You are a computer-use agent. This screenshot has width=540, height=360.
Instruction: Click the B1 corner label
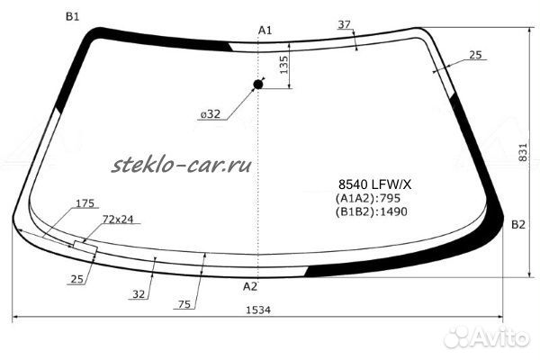point(72,16)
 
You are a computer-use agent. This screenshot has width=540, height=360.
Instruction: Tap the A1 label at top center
point(265,31)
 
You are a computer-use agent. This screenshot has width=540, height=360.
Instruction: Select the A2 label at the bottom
point(250,286)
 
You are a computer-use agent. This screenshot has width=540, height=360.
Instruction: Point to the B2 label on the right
point(518,225)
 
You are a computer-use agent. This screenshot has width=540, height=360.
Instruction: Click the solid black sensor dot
point(258,84)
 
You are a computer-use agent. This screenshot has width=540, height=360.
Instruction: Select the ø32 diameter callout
point(210,114)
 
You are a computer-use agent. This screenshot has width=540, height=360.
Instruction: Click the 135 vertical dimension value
point(283,65)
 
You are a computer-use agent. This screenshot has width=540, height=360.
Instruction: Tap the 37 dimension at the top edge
point(344,24)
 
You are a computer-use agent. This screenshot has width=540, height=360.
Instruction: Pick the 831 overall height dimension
point(522,153)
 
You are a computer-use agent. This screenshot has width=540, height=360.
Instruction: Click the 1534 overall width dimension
point(258,310)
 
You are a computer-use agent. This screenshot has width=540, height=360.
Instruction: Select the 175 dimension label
point(85,203)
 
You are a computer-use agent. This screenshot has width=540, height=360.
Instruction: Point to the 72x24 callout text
point(118,220)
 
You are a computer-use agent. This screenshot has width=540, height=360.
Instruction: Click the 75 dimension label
point(184,304)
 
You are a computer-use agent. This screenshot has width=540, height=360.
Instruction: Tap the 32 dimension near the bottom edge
point(139,294)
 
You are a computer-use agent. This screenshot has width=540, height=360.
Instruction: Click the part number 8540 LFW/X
point(374,185)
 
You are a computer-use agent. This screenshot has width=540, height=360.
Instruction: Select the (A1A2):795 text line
point(368,198)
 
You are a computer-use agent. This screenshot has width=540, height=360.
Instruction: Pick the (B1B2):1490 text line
point(371,211)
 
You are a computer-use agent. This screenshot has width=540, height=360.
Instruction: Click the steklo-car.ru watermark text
point(182,165)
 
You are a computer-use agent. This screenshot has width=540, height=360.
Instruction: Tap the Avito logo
point(486,337)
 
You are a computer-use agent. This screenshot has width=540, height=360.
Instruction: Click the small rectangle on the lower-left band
point(85,247)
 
